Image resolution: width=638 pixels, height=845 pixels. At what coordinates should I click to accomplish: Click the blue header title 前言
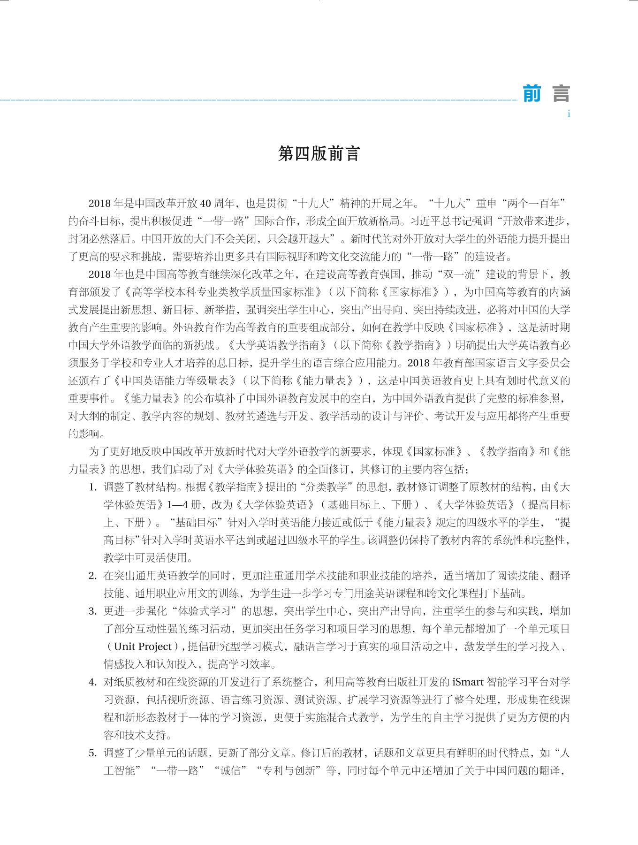pyautogui.click(x=546, y=94)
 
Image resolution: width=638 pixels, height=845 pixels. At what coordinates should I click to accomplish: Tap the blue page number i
pyautogui.click(x=569, y=114)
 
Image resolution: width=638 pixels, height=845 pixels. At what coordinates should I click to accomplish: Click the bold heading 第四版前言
pyautogui.click(x=319, y=153)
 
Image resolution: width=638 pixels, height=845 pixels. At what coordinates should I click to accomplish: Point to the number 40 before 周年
pyautogui.click(x=205, y=203)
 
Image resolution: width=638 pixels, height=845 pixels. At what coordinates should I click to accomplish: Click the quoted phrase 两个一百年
pyautogui.click(x=533, y=203)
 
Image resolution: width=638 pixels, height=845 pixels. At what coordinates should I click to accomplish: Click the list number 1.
pyautogui.click(x=92, y=487)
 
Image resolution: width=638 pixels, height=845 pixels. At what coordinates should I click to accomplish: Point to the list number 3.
pyautogui.click(x=92, y=611)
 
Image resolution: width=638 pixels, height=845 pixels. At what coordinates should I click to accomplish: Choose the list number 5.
pyautogui.click(x=92, y=753)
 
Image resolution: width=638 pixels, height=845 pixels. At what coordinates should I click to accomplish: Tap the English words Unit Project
pyautogui.click(x=143, y=647)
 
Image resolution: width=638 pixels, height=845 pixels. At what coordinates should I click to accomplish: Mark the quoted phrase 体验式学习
pyautogui.click(x=209, y=611)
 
